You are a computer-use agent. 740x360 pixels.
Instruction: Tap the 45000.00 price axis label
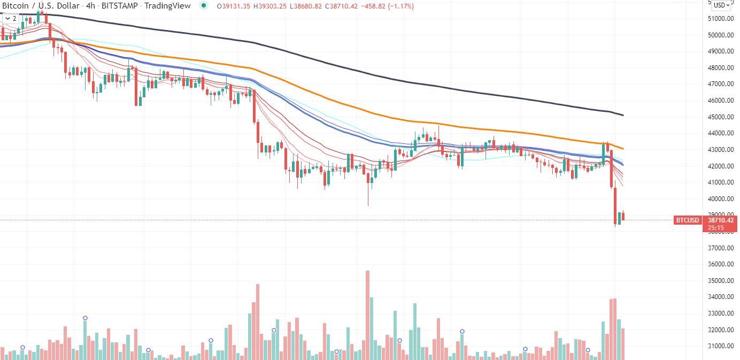pos(721,117)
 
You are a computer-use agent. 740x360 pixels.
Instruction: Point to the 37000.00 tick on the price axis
pos(721,248)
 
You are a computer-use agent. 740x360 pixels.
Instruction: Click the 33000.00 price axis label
pos(721,313)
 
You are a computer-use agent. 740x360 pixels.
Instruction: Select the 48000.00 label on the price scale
pos(721,68)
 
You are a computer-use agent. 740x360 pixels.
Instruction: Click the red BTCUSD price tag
pos(687,220)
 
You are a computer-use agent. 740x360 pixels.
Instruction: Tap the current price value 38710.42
pos(721,220)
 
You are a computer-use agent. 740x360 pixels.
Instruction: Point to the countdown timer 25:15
pos(715,228)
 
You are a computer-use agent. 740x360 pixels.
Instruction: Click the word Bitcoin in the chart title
pos(15,6)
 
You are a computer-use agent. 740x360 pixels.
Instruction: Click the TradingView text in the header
pos(167,6)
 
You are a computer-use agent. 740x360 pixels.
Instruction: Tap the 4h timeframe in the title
pos(90,6)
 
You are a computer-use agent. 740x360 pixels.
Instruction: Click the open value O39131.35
pos(233,6)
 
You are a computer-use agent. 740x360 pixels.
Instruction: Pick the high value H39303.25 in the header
pos(269,6)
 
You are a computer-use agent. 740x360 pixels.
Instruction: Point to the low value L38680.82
pos(306,6)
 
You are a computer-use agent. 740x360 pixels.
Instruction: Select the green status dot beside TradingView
pos(204,5)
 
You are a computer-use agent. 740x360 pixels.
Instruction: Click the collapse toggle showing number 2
pos(11,19)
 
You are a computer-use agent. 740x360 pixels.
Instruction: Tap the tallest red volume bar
pos(367,315)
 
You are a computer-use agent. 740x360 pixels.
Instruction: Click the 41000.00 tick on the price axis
pos(721,182)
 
